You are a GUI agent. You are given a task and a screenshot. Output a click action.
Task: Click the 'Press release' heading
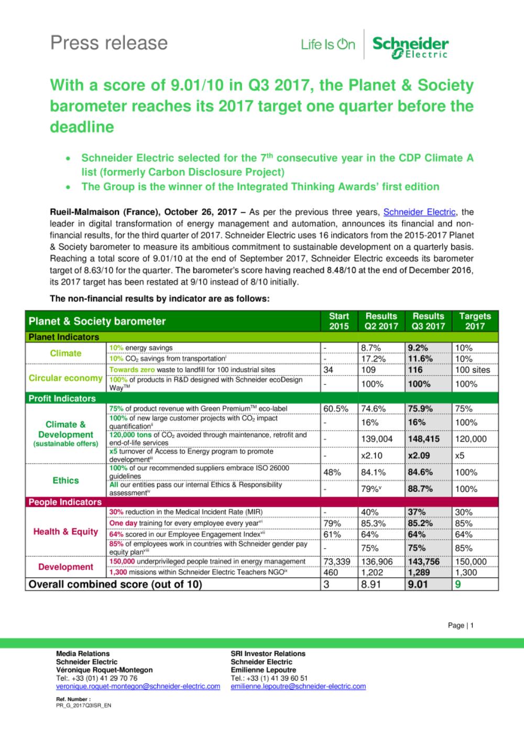[109, 43]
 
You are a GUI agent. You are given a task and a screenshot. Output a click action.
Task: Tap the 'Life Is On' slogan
[328, 45]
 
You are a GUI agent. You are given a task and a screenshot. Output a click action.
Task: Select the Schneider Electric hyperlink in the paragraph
[419, 212]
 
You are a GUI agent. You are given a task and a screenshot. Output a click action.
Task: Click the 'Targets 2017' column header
[475, 321]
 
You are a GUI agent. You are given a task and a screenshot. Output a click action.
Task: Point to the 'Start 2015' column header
[339, 321]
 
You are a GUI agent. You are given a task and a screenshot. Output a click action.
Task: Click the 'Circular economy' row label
[65, 378]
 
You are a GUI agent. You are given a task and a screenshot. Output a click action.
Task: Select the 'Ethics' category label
[65, 480]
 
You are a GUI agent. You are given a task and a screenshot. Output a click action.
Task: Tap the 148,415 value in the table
[423, 439]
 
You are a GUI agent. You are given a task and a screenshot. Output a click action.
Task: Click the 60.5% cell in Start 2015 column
[336, 409]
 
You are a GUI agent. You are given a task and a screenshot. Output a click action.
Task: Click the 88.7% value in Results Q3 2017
[420, 489]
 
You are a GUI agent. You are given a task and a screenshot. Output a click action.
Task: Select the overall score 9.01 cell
[418, 584]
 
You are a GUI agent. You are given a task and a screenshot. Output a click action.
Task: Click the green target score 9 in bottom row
[458, 584]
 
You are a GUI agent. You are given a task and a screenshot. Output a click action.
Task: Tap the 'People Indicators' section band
[65, 502]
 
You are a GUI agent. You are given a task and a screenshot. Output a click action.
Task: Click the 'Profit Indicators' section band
[62, 399]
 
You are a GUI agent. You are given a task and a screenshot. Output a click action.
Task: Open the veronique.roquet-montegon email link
[138, 686]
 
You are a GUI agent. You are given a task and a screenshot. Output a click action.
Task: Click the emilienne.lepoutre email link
[298, 686]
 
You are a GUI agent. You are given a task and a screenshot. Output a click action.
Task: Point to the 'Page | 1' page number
[461, 625]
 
